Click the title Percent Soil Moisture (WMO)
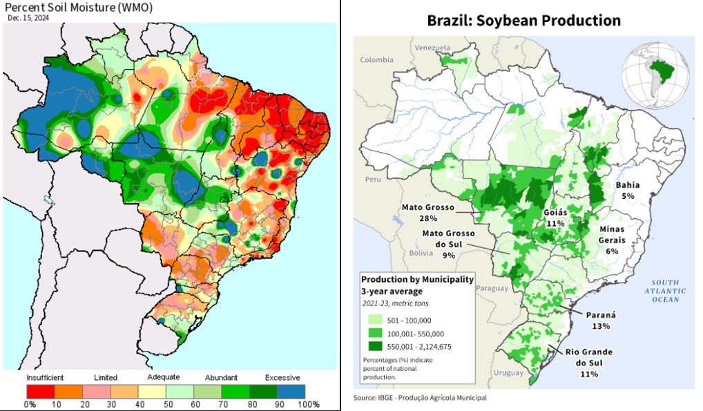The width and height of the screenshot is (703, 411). coord(79,8)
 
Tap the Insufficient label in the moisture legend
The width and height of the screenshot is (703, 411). coord(46,378)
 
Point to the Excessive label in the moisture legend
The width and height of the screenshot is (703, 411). coord(282,378)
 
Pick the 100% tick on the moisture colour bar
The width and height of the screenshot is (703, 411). coord(309,404)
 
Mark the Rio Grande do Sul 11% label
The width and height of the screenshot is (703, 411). coord(588,363)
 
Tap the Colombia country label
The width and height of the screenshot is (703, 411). coord(376,60)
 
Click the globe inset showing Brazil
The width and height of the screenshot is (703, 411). coord(657,71)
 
